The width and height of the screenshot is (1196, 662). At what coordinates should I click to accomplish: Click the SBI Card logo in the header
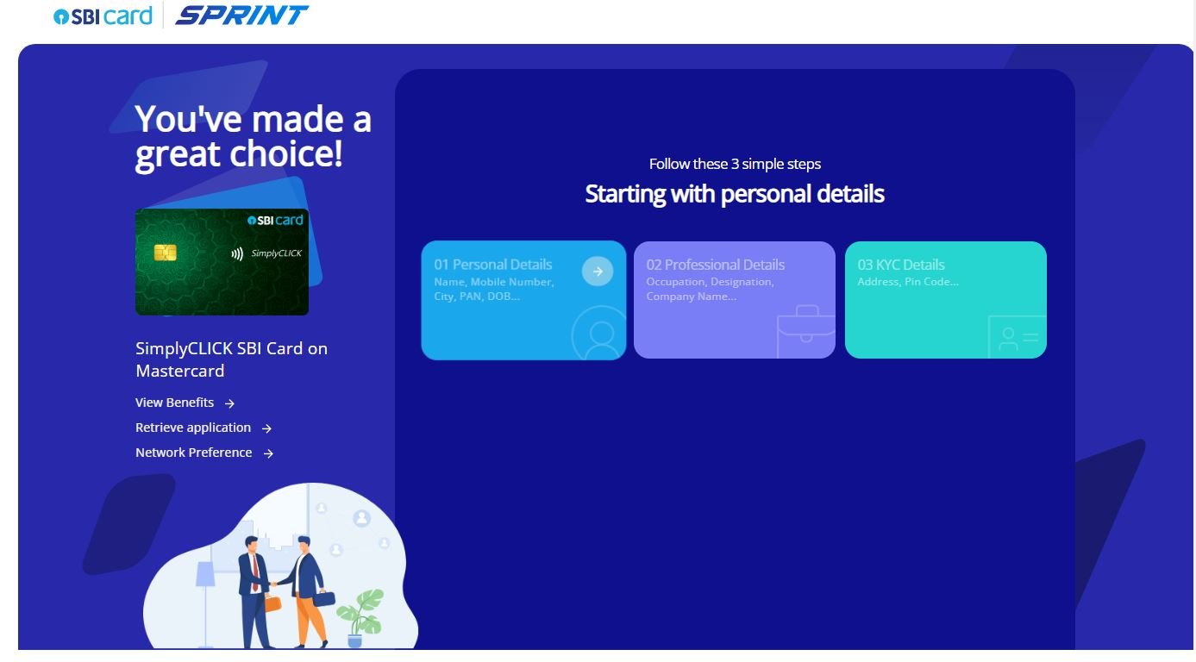[103, 16]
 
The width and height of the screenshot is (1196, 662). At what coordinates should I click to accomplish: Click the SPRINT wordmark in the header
[241, 15]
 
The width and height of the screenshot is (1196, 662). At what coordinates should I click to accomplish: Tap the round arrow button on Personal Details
[597, 272]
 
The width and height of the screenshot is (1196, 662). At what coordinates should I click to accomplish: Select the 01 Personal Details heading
[493, 265]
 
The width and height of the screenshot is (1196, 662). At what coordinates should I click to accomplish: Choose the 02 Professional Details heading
[715, 265]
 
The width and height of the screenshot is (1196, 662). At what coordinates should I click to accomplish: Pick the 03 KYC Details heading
[901, 265]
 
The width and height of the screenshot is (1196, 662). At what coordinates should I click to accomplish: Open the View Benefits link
[185, 403]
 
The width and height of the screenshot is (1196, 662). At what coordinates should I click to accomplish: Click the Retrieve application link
[204, 428]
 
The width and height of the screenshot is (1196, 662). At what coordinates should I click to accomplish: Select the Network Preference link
[204, 453]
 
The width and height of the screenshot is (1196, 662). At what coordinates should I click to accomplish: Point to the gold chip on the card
[165, 253]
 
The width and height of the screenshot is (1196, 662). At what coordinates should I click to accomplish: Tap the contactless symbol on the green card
[237, 253]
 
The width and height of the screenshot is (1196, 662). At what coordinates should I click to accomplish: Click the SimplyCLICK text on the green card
[277, 253]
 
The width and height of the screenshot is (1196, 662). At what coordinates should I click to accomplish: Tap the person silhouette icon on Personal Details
[599, 334]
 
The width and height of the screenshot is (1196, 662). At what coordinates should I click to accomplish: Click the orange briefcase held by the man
[272, 603]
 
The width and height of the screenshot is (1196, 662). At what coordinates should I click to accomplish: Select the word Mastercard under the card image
[180, 371]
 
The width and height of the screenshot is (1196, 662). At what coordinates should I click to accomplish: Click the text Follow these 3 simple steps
[735, 164]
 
